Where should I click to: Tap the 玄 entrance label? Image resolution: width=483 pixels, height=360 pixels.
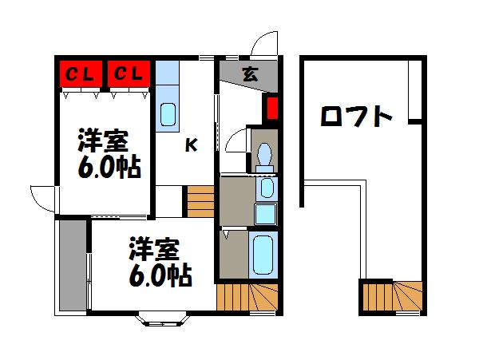(250, 75)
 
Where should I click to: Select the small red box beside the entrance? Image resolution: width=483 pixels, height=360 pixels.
(271, 108)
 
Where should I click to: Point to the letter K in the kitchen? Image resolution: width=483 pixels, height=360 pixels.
(192, 144)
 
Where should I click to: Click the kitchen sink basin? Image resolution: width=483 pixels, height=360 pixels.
(168, 115)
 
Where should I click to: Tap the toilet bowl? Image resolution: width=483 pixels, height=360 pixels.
(264, 156)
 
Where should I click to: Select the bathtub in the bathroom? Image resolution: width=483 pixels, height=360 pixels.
(263, 254)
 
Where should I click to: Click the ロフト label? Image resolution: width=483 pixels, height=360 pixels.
(356, 118)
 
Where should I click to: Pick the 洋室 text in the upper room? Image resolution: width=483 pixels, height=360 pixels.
(102, 140)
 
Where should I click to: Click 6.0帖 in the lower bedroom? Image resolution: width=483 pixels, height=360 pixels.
(160, 276)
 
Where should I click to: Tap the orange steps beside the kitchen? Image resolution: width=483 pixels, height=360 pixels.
(200, 200)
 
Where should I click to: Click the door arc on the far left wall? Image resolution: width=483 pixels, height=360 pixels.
(42, 196)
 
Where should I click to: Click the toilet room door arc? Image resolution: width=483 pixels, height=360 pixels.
(237, 144)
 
